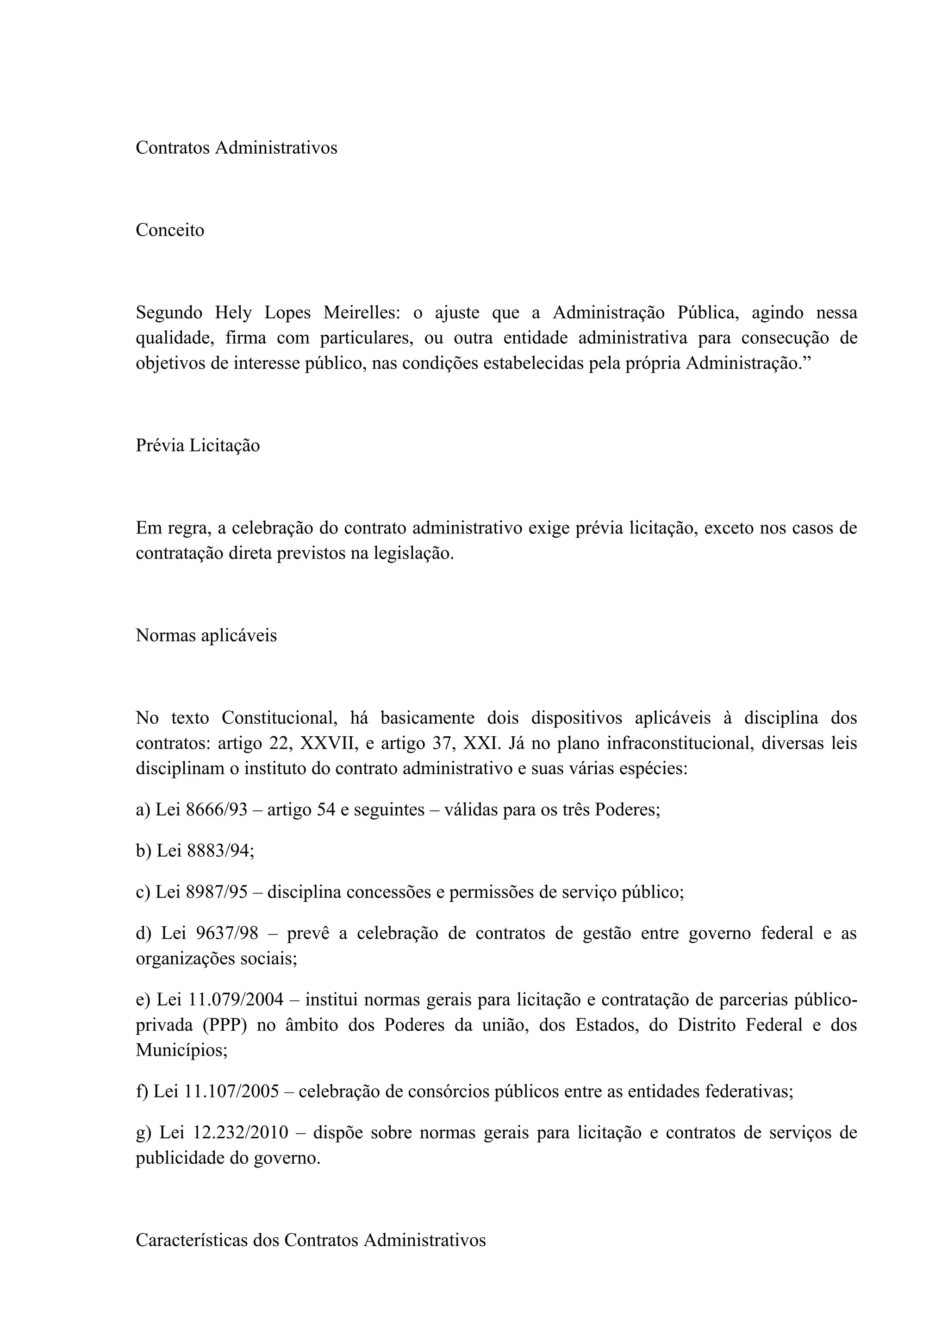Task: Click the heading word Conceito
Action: click(170, 230)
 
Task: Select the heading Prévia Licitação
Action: click(198, 445)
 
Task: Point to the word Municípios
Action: click(181, 1050)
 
